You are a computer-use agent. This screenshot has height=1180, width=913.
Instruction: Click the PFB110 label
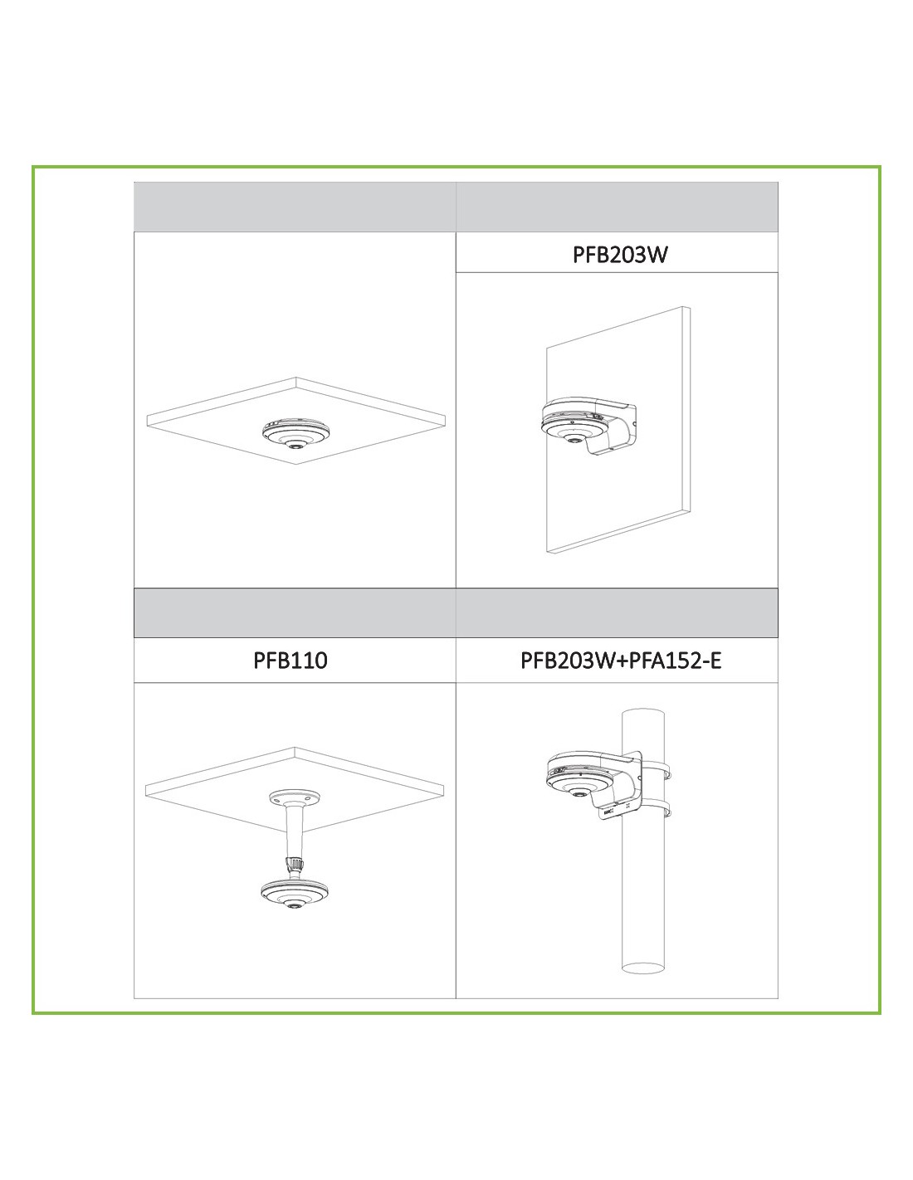[x=290, y=661]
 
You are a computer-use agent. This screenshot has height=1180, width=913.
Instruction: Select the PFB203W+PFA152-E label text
[x=621, y=661]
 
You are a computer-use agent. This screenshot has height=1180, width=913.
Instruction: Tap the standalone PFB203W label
[x=620, y=254]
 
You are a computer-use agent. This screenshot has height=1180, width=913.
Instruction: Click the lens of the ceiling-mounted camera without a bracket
[x=295, y=446]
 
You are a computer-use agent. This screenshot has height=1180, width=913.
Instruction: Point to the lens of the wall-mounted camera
[x=571, y=438]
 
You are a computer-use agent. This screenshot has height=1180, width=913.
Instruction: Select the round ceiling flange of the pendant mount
[x=295, y=797]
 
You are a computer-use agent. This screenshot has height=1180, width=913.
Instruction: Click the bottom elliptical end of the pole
[x=642, y=968]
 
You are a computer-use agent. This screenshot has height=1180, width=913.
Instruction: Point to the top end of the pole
[x=642, y=713]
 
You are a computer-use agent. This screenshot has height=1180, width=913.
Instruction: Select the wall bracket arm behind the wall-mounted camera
[x=617, y=427]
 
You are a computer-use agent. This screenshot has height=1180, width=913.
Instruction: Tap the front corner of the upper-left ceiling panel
[x=296, y=465]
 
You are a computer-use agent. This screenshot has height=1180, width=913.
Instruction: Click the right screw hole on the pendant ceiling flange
[x=308, y=797]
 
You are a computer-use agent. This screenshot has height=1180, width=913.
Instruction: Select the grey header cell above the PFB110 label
[x=295, y=612]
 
